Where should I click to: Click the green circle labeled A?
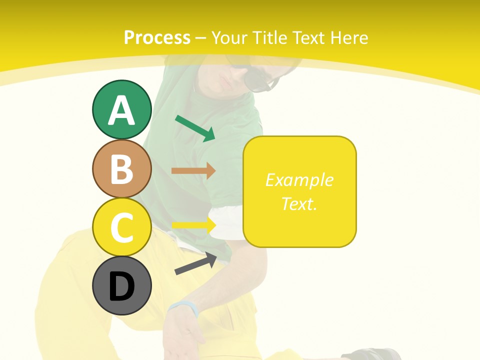tap(121, 109)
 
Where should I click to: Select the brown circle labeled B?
tap(121, 168)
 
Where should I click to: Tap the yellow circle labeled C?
tap(121, 227)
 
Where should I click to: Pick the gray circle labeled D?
tap(121, 285)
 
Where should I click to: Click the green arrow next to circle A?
tap(195, 128)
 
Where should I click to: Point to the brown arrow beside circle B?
tap(193, 170)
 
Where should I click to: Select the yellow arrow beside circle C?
tap(193, 224)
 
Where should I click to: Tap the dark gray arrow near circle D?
tap(195, 263)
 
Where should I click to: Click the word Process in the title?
tap(157, 37)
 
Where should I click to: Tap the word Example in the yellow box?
tap(299, 180)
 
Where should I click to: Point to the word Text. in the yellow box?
tap(299, 203)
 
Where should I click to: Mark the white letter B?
tap(121, 169)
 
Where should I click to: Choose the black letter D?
tap(121, 286)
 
